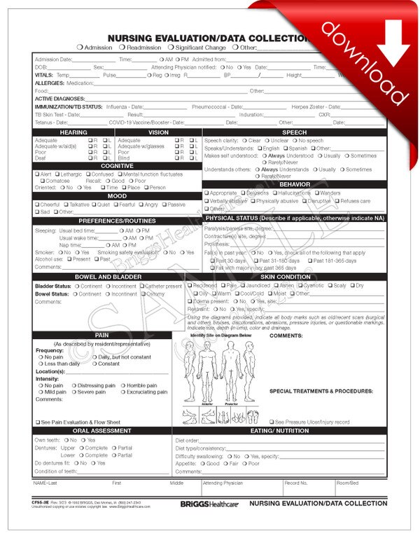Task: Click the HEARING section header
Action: (73, 132)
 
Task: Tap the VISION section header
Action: (158, 132)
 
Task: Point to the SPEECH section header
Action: (294, 132)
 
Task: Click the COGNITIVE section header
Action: (116, 165)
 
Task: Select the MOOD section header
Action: (116, 196)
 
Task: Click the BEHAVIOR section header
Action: (294, 184)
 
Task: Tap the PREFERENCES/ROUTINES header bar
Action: (116, 221)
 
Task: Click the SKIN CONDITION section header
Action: (294, 277)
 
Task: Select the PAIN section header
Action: (101, 335)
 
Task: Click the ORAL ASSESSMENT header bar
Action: (101, 431)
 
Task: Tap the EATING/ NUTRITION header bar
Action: (280, 431)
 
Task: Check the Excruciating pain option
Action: (122, 392)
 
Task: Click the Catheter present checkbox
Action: (142, 286)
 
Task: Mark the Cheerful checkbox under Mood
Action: (37, 205)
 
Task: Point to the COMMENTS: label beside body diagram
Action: (286, 336)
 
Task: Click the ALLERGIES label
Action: (49, 83)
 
